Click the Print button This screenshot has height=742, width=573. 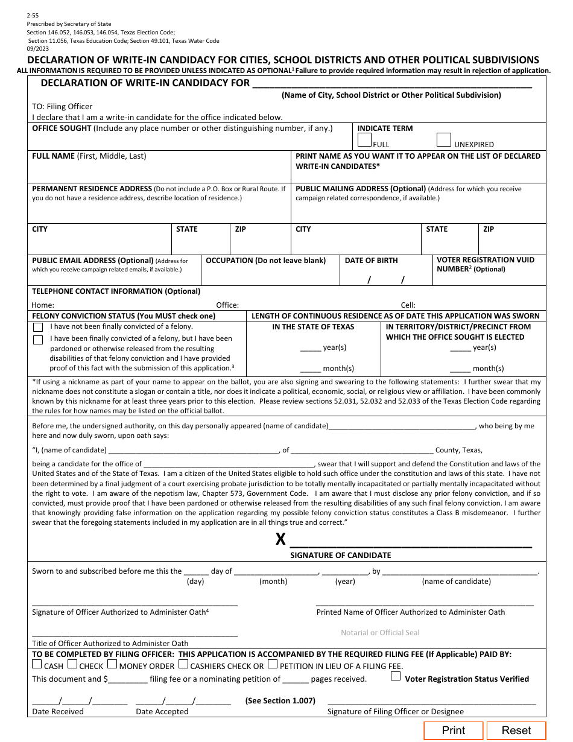coord(453,731)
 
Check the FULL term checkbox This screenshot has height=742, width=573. coord(364,140)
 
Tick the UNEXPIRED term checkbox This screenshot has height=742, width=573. coord(444,140)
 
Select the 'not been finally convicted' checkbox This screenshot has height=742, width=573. coord(38,327)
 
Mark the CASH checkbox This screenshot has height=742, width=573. coord(37,665)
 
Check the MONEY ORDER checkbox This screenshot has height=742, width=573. coord(113,665)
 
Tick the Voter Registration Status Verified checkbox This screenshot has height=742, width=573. coord(396,677)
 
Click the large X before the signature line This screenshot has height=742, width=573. coord(280,539)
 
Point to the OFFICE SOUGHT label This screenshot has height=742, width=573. coord(62,128)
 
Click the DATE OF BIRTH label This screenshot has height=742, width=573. coord(371,261)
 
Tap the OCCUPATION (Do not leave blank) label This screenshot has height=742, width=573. coord(265,261)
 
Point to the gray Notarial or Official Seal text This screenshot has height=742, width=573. coord(380,633)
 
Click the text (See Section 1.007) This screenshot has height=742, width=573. coord(280,700)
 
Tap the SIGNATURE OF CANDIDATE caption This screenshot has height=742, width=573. coord(341,555)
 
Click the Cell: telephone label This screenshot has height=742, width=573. coord(408,305)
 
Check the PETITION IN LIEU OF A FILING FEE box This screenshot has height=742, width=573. coord(273,665)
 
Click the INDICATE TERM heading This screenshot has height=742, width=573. coord(385,128)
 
